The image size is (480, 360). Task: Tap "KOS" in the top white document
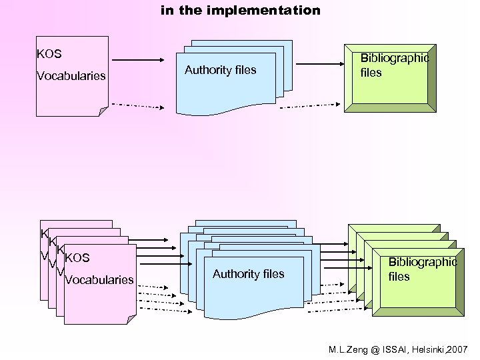(49, 53)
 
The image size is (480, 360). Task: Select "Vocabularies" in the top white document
(71, 76)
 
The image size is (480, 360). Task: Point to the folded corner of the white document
(103, 111)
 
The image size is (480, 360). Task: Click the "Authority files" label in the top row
(220, 70)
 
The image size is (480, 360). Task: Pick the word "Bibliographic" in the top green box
(394, 58)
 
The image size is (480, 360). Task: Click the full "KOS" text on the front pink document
(77, 258)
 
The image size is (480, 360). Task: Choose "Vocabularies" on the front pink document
(99, 280)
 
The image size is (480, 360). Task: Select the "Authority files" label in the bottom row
(248, 274)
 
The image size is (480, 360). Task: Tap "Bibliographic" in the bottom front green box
(422, 262)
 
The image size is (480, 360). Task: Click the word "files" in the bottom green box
(399, 277)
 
